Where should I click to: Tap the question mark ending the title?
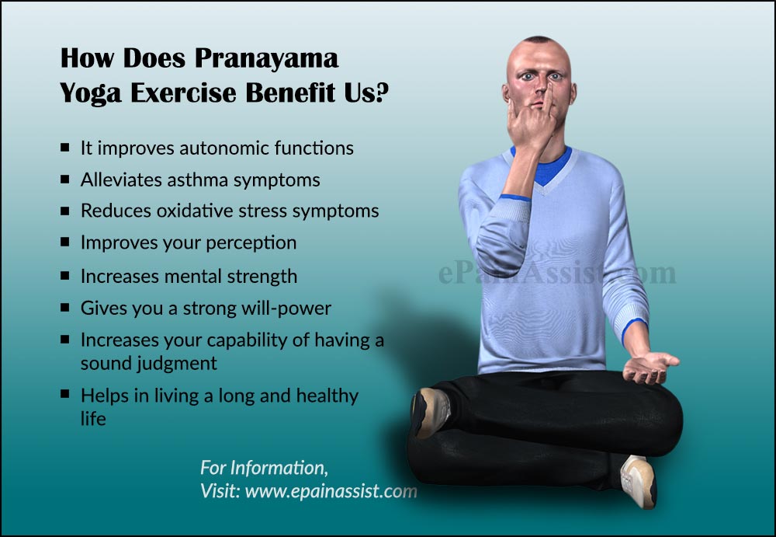pos(380,93)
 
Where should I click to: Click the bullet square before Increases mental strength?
pos(65,276)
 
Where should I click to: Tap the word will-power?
pos(289,309)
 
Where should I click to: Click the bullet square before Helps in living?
pos(65,395)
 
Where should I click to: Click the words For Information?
pos(264,468)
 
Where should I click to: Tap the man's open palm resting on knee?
pos(650,365)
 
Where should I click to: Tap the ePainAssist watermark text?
pos(556,273)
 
